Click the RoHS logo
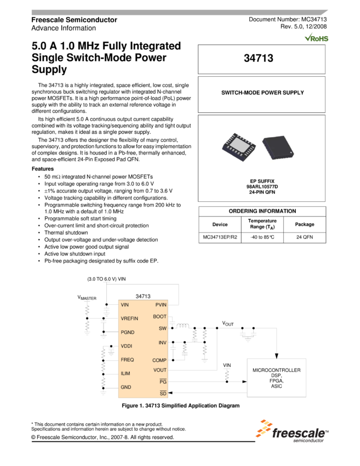(317, 37)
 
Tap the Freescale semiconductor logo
(292, 431)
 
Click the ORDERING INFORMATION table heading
(262, 211)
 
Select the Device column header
(220, 224)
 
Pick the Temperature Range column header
(262, 224)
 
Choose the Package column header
(305, 224)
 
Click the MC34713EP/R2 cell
(220, 238)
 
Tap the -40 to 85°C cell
(262, 238)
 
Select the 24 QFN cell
(305, 238)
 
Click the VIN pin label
(124, 304)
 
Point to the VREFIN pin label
(129, 319)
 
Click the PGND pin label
(127, 332)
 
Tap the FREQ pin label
(127, 360)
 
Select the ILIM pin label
(125, 373)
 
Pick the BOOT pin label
(159, 316)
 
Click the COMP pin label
(159, 360)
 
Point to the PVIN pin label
(161, 304)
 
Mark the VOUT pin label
(160, 370)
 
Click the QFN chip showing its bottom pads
(239, 147)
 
